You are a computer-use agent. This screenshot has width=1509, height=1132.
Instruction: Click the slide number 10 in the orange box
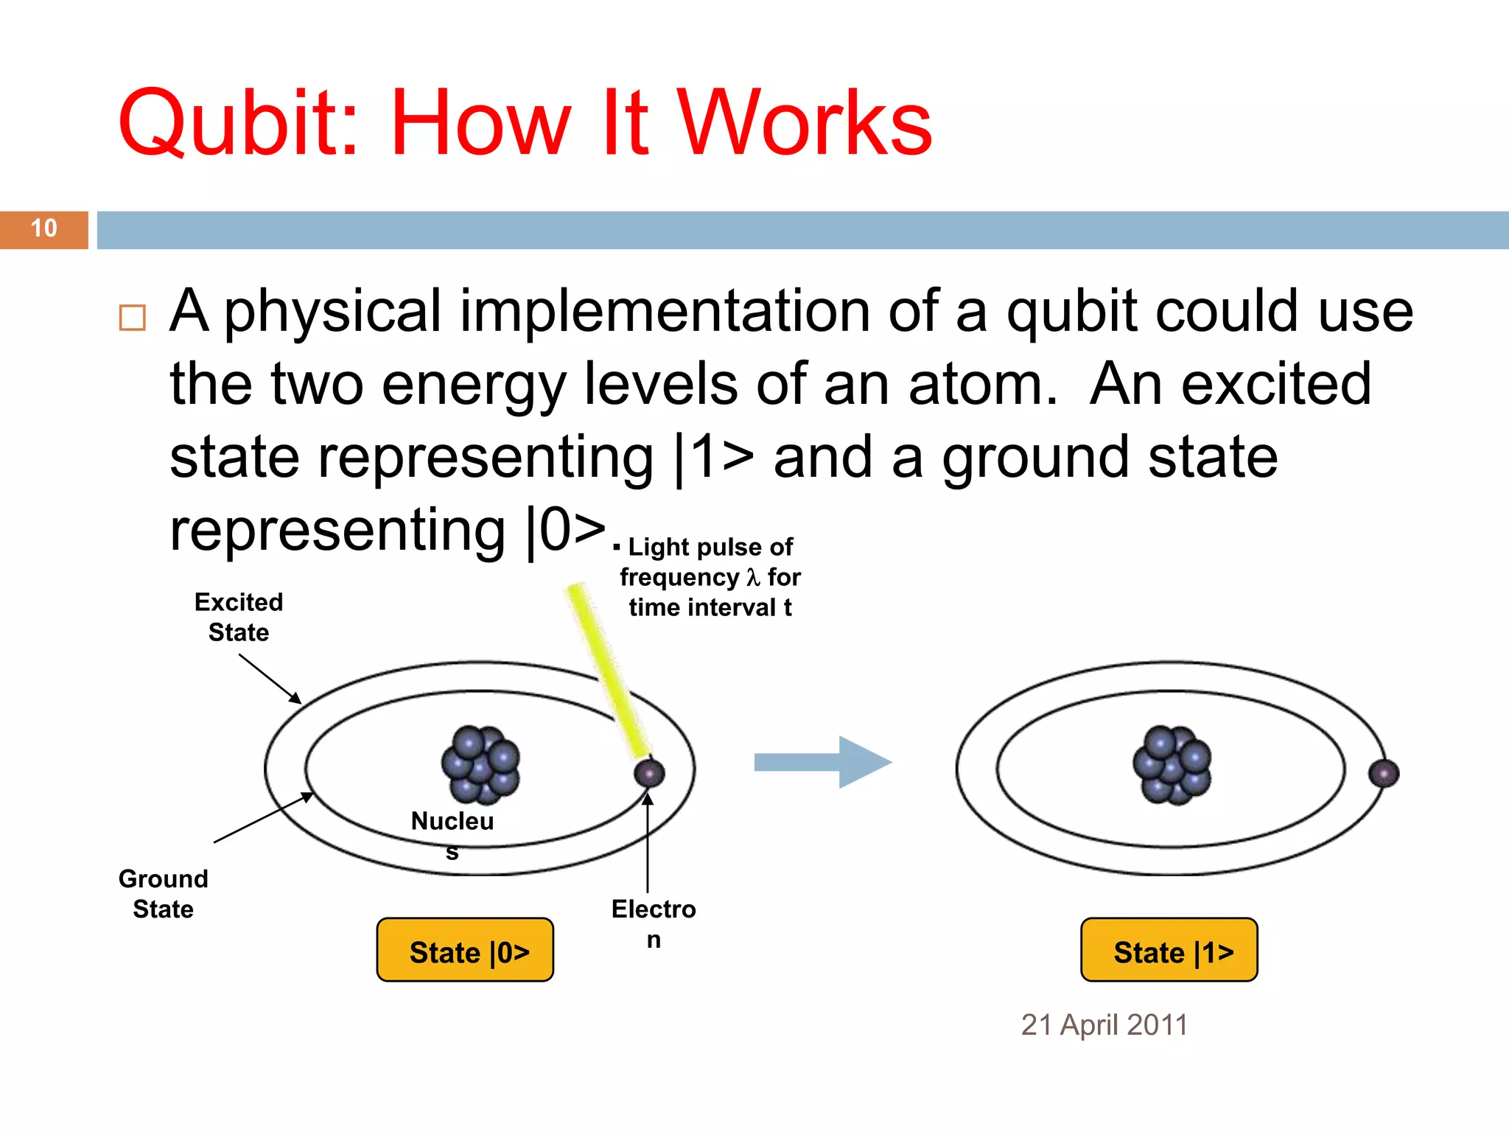[x=44, y=228]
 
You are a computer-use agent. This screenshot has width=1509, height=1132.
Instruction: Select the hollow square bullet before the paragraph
[x=133, y=318]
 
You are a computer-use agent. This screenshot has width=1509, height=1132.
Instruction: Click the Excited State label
[x=239, y=617]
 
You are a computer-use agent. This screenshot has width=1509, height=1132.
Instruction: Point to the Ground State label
[x=164, y=893]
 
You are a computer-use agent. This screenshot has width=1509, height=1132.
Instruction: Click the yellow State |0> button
[x=465, y=951]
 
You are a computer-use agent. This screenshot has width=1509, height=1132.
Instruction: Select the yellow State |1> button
[x=1169, y=951]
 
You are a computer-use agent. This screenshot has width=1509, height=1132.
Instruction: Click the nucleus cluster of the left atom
[x=480, y=764]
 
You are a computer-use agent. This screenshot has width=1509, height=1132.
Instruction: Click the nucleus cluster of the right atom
[x=1172, y=764]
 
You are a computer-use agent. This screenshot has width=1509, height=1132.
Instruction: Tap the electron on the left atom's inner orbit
[x=649, y=773]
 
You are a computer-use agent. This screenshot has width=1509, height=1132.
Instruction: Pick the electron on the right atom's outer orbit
[x=1384, y=773]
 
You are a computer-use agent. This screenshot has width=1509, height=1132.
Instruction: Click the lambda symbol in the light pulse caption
[x=752, y=577]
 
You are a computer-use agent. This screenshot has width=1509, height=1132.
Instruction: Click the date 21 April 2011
[x=1104, y=1025]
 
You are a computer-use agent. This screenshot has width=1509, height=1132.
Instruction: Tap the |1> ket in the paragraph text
[x=715, y=457]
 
